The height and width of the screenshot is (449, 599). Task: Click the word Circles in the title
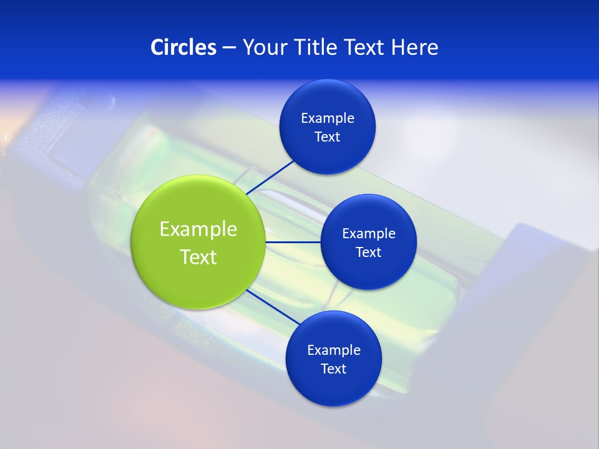tap(183, 47)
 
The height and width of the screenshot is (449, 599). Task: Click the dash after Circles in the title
tap(229, 48)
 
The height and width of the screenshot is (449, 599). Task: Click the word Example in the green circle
tap(198, 229)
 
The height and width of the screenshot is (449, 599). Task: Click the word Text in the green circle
tap(198, 257)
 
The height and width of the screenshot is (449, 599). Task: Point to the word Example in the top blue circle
tap(327, 118)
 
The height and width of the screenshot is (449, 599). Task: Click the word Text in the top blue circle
tap(327, 137)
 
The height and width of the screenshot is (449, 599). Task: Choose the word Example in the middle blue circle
tap(368, 233)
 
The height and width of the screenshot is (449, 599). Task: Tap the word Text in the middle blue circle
tap(368, 252)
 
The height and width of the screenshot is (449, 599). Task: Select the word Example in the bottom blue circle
tap(333, 350)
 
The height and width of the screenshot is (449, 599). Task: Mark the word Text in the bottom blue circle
tap(333, 369)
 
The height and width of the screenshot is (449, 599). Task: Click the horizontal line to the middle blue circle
tap(293, 242)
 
